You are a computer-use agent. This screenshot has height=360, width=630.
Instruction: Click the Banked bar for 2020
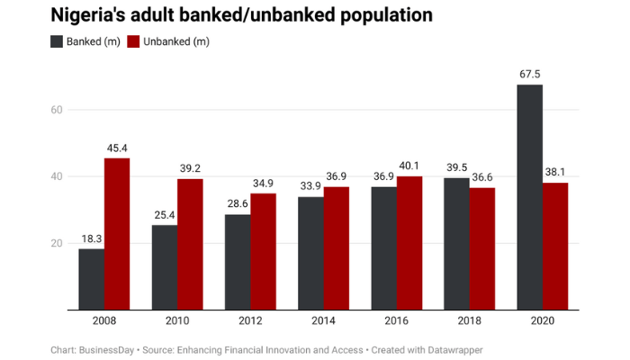click(x=529, y=197)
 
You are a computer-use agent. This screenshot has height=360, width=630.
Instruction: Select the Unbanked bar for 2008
click(x=117, y=234)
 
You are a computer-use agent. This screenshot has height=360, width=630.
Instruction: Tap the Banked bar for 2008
click(x=91, y=279)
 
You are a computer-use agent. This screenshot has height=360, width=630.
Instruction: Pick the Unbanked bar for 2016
click(x=409, y=243)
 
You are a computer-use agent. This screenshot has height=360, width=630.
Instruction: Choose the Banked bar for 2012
click(x=238, y=262)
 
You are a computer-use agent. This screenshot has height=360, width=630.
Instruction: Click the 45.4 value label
click(x=117, y=148)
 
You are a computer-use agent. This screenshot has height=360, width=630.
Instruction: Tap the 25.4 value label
click(x=165, y=216)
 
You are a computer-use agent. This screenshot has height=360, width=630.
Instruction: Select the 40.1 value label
click(x=409, y=166)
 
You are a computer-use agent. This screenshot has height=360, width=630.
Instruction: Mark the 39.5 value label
click(x=456, y=168)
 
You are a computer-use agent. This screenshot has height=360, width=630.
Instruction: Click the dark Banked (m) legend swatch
click(x=58, y=41)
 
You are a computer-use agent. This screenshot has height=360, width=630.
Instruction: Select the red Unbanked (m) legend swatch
click(x=133, y=41)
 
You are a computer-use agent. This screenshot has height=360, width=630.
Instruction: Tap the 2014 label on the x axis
click(x=323, y=321)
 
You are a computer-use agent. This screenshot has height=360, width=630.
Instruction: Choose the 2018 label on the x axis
click(x=469, y=321)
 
